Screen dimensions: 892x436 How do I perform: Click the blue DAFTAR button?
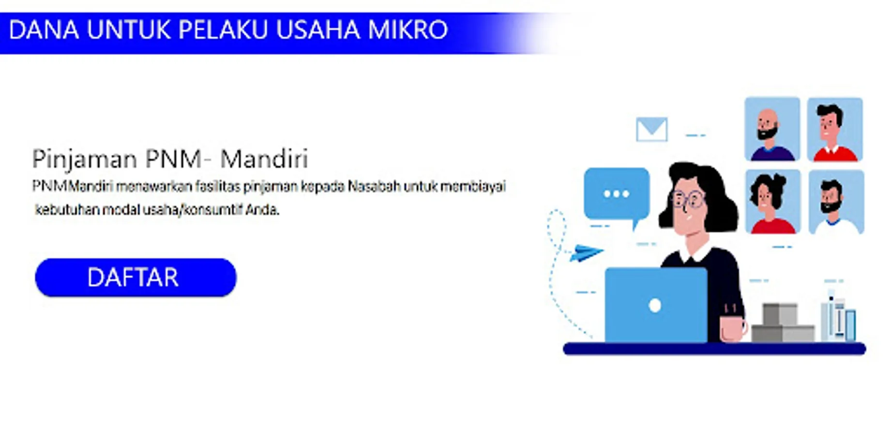point(136,277)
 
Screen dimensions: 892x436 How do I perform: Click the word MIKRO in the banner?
point(408,30)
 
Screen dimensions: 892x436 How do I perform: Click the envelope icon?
point(651,129)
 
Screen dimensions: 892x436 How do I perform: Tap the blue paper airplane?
point(586,252)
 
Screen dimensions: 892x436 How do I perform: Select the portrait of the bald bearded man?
point(772,129)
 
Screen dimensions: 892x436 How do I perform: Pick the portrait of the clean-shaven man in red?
point(835,129)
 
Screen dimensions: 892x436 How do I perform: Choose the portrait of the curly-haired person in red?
point(773,202)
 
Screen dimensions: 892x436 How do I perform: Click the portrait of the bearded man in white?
point(836,202)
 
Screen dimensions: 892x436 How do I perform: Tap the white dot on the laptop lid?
point(655,306)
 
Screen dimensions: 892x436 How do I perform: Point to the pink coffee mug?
point(733,328)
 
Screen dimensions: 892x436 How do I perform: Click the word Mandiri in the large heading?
point(264,159)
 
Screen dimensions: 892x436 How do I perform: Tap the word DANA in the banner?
point(44,30)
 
